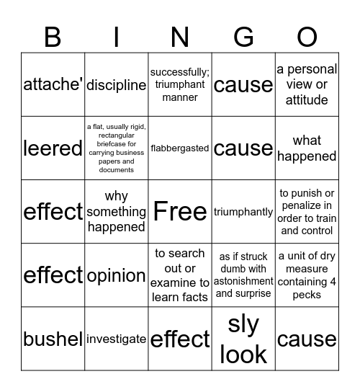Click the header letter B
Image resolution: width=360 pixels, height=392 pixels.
53,36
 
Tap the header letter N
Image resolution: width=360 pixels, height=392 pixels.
180,36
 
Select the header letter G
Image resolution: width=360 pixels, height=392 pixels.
243,36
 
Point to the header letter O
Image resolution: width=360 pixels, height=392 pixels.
307,36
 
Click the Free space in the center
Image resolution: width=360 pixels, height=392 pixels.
180,212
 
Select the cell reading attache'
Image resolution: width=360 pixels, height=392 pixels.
53,85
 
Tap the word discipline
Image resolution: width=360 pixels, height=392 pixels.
117,85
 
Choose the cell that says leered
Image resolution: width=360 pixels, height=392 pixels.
53,148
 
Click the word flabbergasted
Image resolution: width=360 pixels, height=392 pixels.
180,148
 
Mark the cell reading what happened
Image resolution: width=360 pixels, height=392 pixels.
307,148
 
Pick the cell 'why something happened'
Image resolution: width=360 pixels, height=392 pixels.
117,212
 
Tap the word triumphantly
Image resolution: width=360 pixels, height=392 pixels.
243,212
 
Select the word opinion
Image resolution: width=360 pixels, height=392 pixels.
117,275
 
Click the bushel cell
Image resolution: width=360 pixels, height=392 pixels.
53,339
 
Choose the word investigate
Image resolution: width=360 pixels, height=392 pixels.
117,339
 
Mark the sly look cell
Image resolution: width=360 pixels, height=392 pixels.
243,339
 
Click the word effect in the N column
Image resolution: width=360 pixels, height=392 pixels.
180,339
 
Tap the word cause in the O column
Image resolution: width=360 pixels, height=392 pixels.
307,339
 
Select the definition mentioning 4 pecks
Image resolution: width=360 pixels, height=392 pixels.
307,275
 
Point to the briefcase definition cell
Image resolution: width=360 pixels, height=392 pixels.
117,148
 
